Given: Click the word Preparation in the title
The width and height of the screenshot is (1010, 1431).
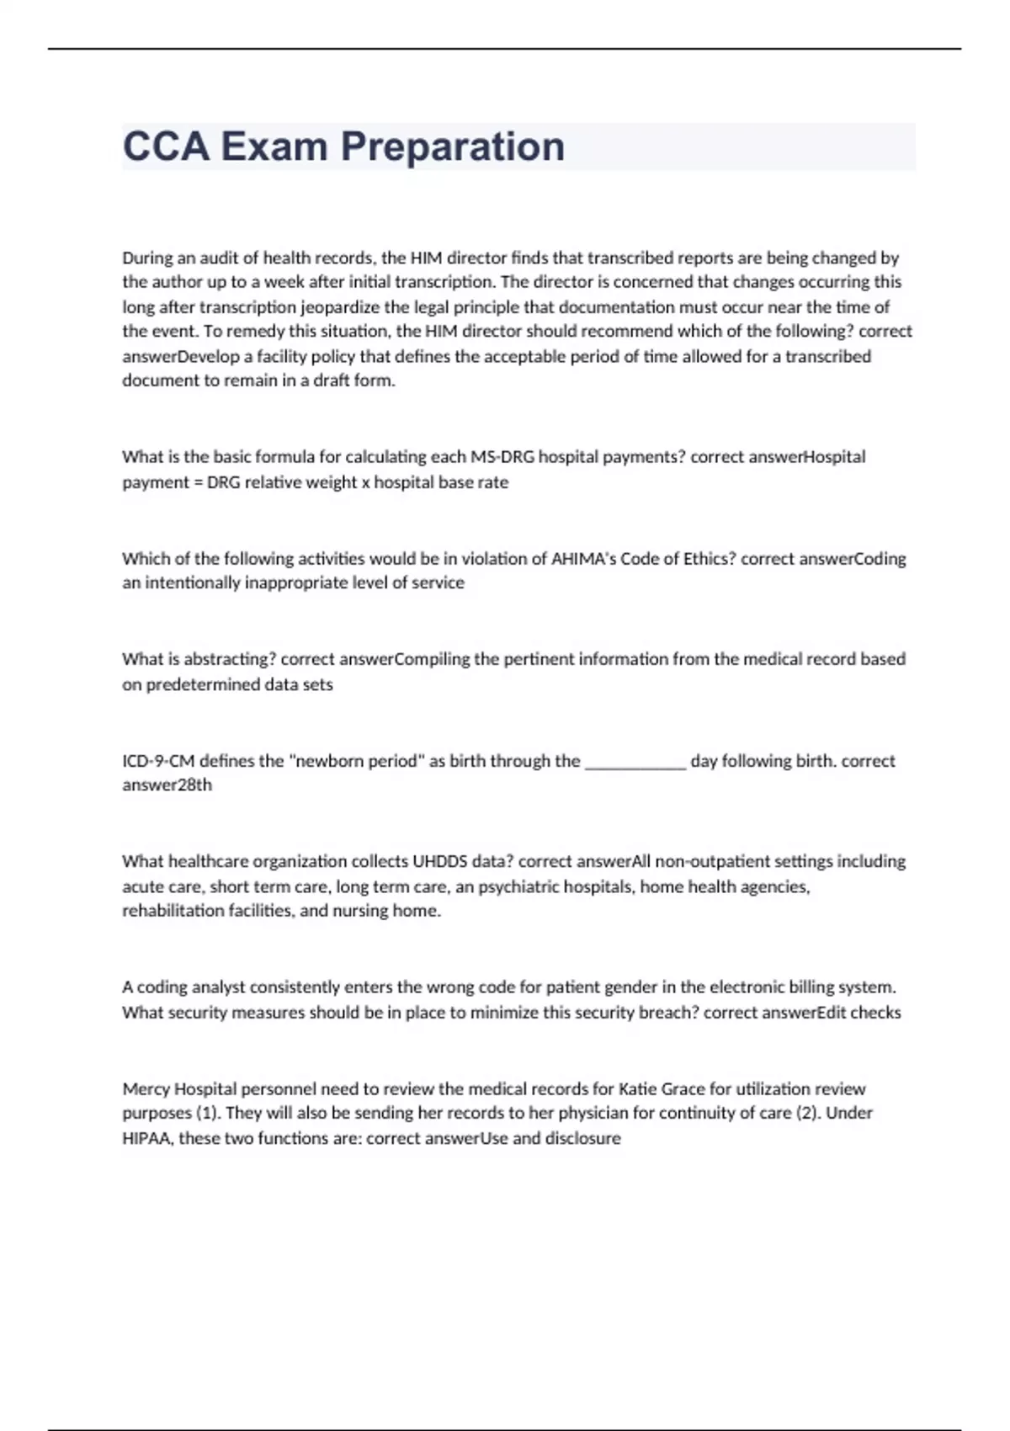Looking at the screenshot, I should click(x=453, y=147).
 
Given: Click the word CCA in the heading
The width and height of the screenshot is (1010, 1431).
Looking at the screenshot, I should click(x=166, y=147).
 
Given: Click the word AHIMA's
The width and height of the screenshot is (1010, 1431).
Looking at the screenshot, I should click(x=583, y=558).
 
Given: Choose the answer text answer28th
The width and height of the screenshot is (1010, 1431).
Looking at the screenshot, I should click(x=167, y=785).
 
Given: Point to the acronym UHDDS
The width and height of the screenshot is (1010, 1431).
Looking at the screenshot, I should click(x=433, y=861).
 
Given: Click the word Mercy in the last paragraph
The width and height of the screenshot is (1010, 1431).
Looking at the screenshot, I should click(x=145, y=1088).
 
